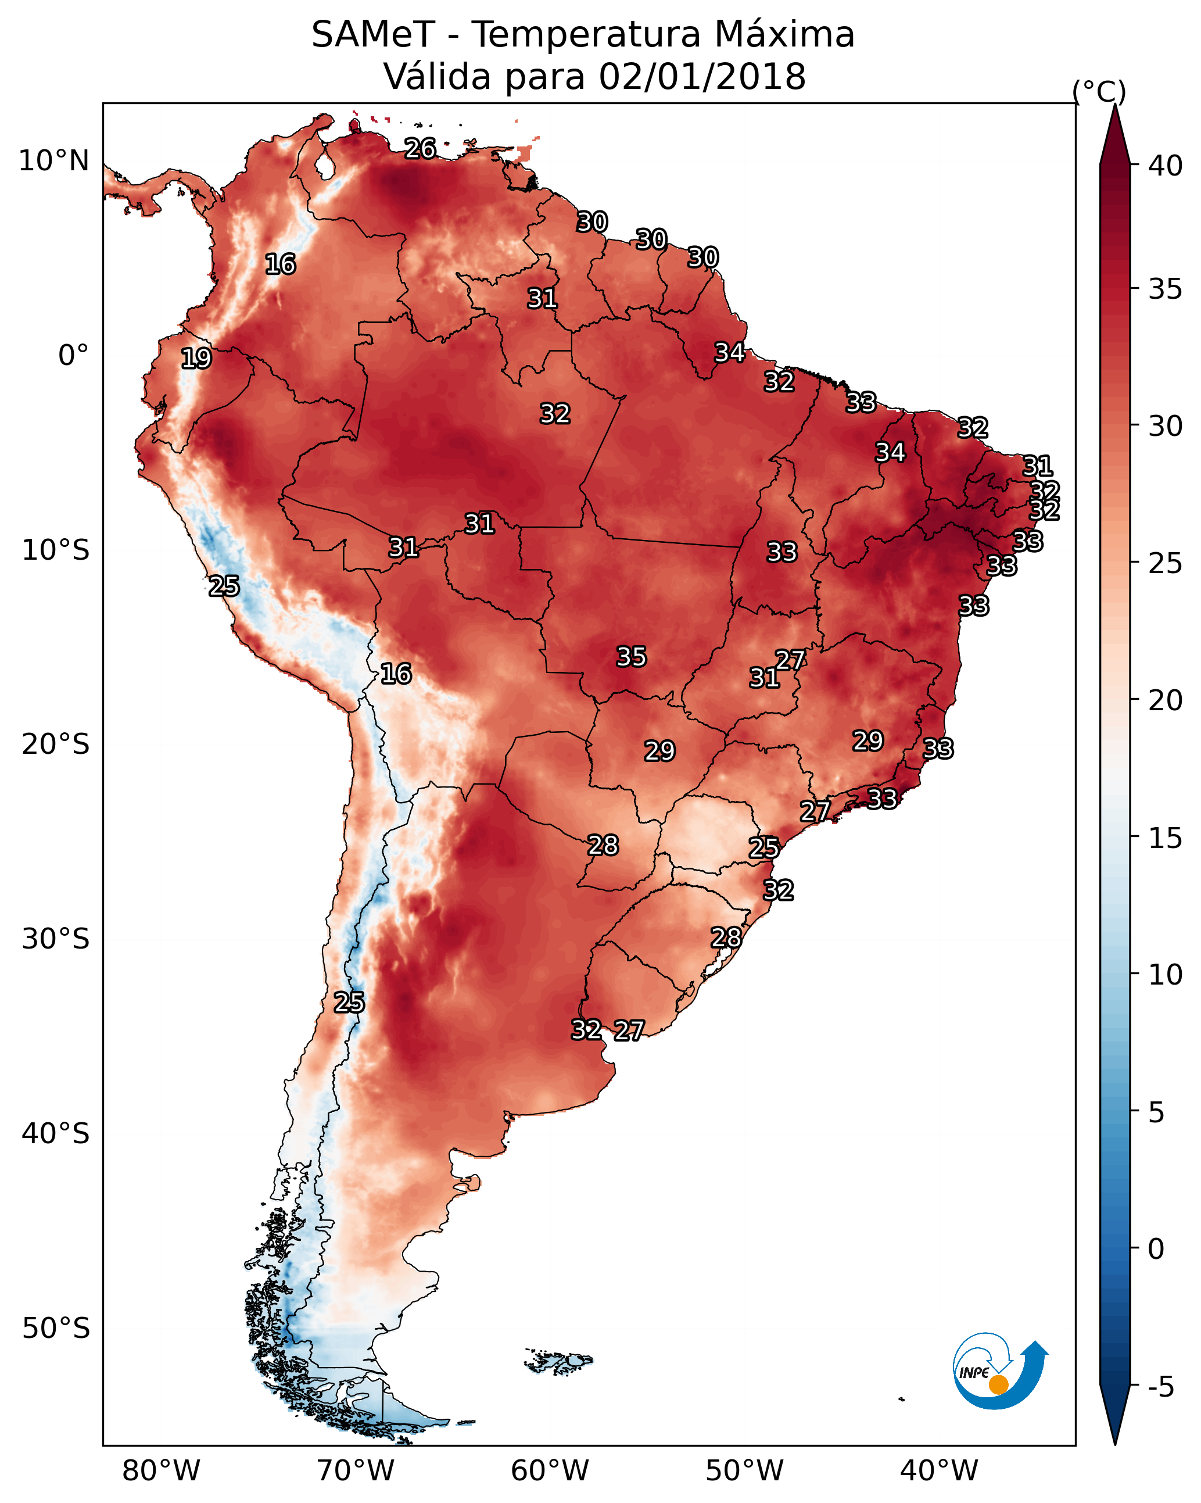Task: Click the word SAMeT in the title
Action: [x=373, y=35]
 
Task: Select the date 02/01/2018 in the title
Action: [x=702, y=77]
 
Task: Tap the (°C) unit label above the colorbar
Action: [x=1099, y=91]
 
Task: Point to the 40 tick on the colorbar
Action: [x=1166, y=166]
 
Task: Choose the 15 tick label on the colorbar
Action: [x=1166, y=838]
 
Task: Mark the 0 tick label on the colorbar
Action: [x=1156, y=1249]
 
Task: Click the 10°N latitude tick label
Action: [x=55, y=161]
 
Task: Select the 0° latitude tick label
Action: [x=74, y=356]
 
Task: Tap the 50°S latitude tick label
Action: [x=56, y=1329]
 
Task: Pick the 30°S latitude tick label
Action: [x=56, y=939]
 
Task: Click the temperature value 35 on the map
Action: [x=632, y=657]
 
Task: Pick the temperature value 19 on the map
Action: [x=196, y=359]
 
